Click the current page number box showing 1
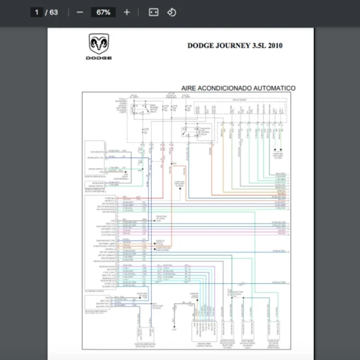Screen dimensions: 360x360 37,12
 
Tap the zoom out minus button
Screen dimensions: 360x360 80,12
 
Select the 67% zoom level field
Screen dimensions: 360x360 103,12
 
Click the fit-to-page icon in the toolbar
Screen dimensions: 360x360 154,12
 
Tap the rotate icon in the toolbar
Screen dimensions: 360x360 172,12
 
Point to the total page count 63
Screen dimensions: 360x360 54,12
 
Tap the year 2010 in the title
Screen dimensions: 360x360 275,45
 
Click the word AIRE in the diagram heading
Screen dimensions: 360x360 191,88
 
